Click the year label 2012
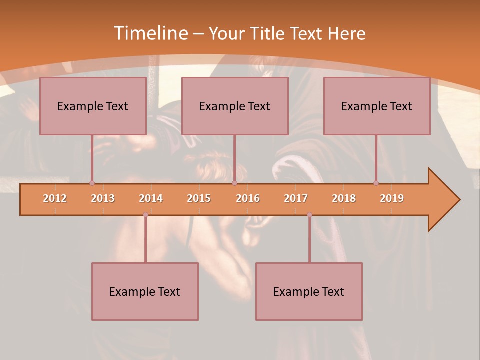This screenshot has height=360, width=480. (x=55, y=198)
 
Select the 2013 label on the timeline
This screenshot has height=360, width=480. (x=103, y=198)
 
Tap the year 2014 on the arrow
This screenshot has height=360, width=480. (x=151, y=198)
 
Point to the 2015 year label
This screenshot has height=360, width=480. (x=199, y=198)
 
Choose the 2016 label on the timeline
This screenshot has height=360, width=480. (x=248, y=198)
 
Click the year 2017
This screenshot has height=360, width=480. (x=296, y=198)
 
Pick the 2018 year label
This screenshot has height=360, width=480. (x=344, y=198)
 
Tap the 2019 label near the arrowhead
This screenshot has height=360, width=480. (x=392, y=198)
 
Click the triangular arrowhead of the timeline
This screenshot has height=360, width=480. (x=443, y=200)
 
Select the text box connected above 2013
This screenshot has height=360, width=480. (x=93, y=106)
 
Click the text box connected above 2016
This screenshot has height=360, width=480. (x=235, y=106)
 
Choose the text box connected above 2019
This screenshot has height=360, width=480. (x=377, y=106)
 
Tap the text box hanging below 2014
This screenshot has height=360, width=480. (x=145, y=291)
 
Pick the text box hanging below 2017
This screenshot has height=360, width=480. (x=309, y=291)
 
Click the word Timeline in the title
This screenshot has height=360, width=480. (x=150, y=33)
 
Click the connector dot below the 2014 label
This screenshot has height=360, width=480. (x=145, y=214)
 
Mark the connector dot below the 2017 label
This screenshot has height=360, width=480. (x=309, y=214)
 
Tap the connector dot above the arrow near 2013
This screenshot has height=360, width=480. (x=92, y=183)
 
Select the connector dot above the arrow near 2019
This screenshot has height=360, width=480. (x=376, y=183)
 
